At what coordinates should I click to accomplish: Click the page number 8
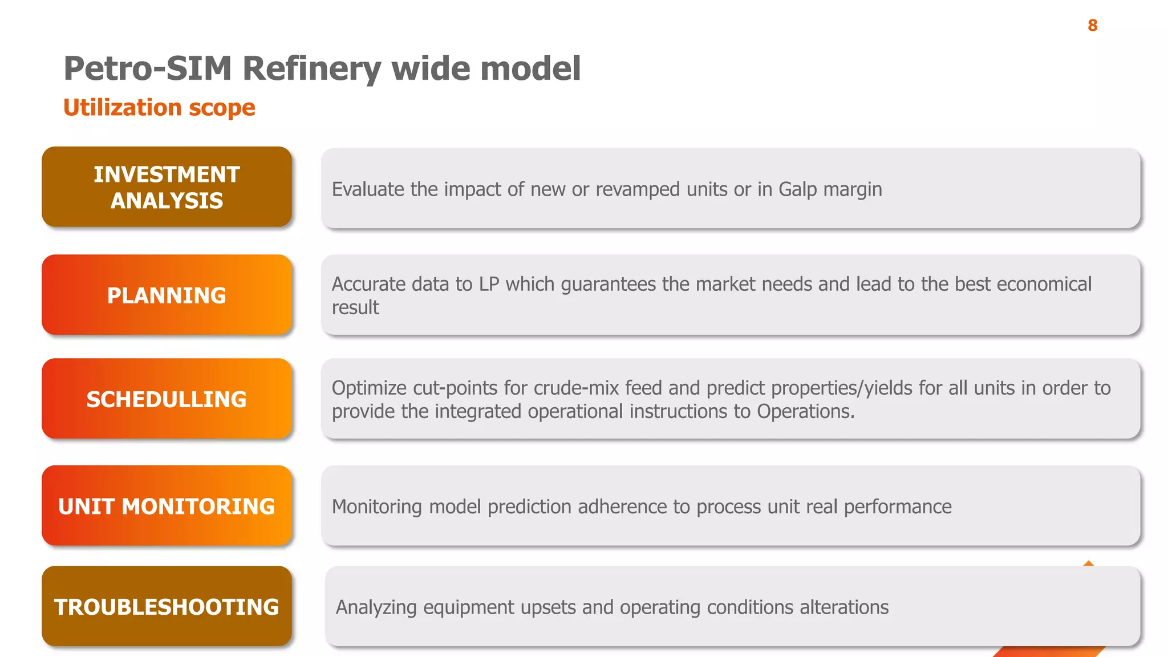point(1092,26)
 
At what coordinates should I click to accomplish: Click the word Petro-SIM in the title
point(148,68)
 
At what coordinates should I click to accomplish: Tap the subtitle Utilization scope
point(159,107)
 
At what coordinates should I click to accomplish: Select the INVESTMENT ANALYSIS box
point(167,187)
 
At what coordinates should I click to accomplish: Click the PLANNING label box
point(167,295)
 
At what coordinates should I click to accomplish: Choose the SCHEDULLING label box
point(167,399)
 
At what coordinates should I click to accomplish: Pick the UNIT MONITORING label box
point(167,506)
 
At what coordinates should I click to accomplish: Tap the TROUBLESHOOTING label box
point(167,606)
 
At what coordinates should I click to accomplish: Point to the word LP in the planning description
point(489,284)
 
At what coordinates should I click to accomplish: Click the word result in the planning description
point(355,307)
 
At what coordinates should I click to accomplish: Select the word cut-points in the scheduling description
point(455,388)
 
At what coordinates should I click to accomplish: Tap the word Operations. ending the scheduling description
point(805,411)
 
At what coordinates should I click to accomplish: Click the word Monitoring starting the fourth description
point(377,506)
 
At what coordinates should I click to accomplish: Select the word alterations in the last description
point(844,607)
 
